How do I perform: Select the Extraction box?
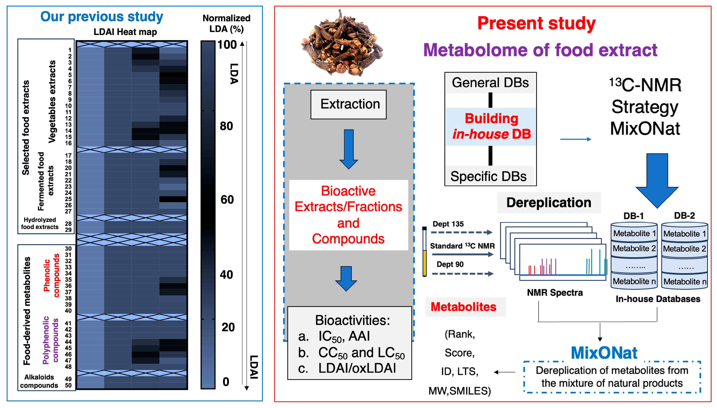(x=349, y=104)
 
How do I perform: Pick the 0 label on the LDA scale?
(x=226, y=382)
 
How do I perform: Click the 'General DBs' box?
(x=490, y=83)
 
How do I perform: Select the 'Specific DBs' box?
(x=489, y=176)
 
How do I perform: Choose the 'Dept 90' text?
(x=450, y=264)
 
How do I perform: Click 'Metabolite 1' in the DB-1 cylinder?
(x=634, y=233)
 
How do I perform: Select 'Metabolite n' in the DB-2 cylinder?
(x=685, y=281)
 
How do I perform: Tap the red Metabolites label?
(x=463, y=307)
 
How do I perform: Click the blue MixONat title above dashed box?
(x=604, y=353)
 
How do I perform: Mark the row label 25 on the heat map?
(x=68, y=199)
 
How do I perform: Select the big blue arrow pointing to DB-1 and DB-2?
(x=657, y=179)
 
